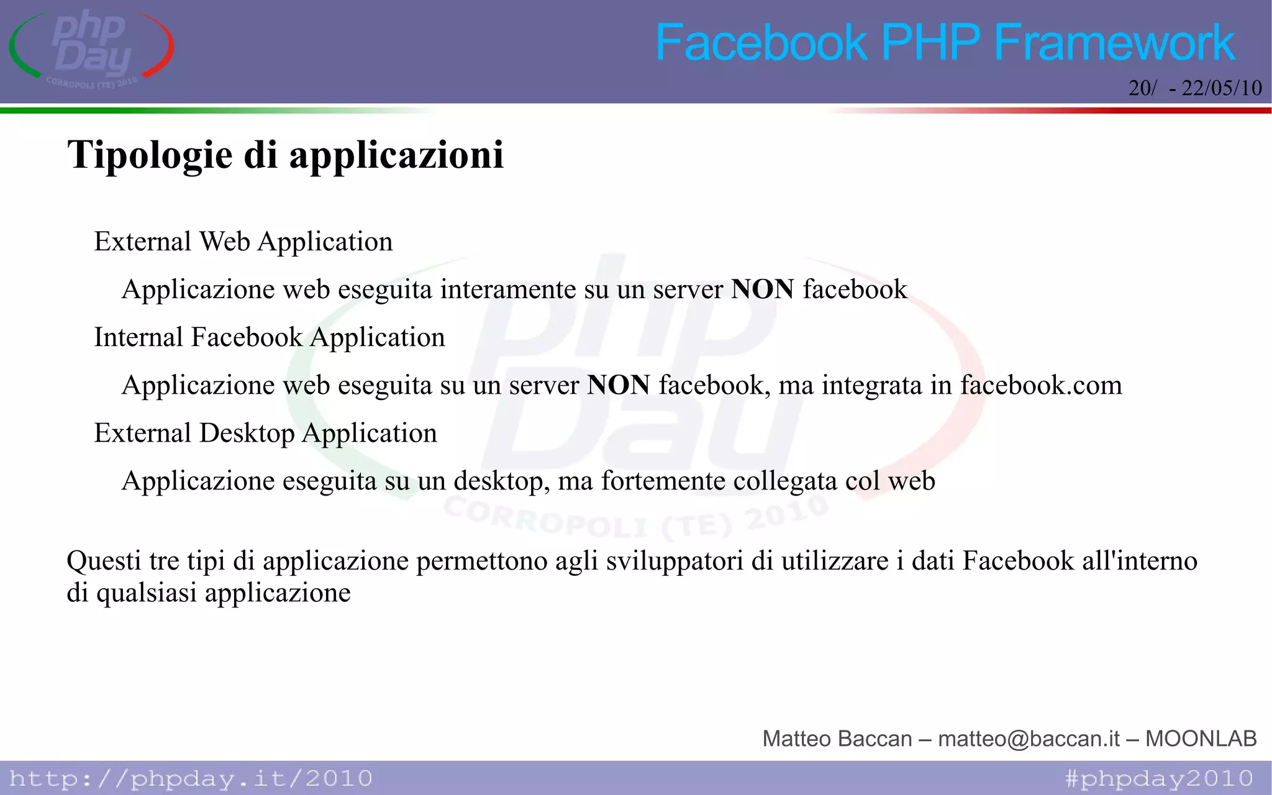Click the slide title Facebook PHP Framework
[x=945, y=42]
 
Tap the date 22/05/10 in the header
[x=1222, y=88]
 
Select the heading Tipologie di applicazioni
[x=285, y=155]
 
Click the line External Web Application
[x=243, y=242]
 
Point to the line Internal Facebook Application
[x=269, y=337]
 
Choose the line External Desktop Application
[x=265, y=433]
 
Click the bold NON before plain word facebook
[x=762, y=289]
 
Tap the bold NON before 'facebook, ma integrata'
[x=619, y=385]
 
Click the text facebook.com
[x=1041, y=385]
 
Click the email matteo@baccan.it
[x=1029, y=738]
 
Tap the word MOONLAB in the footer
[x=1201, y=738]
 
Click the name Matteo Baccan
[x=837, y=738]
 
